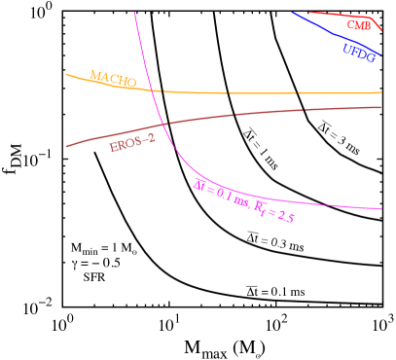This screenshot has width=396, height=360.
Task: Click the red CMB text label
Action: [359, 25]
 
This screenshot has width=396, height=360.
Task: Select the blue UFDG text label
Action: [358, 53]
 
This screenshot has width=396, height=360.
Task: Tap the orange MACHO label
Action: [112, 78]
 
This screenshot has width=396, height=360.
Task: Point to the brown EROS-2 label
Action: [132, 144]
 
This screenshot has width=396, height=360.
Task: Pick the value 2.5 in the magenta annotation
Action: [285, 217]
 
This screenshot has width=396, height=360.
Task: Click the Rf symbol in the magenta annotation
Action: [261, 207]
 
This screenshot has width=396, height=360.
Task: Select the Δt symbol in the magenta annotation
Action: [198, 184]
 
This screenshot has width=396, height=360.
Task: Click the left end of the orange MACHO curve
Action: [66, 74]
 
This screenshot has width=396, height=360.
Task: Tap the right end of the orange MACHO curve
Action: [380, 92]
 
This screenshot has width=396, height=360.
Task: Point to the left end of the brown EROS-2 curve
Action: [66, 146]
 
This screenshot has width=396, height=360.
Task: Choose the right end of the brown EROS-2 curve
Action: [380, 107]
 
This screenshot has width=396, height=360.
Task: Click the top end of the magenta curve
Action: [134, 11]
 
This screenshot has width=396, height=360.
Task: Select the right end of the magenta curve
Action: [380, 208]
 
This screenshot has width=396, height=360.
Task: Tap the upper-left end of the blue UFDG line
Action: [292, 13]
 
